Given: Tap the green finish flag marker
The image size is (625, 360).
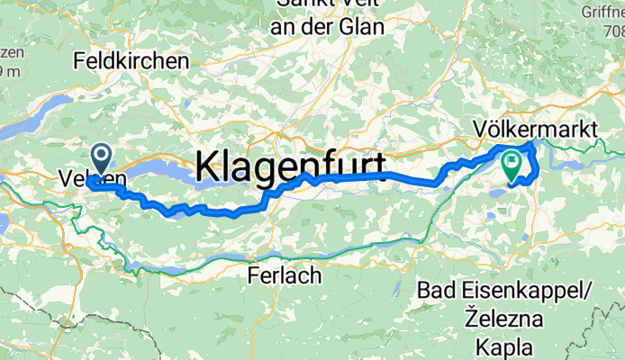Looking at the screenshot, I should click(512, 165).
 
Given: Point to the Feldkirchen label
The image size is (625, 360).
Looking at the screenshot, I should click(132, 61).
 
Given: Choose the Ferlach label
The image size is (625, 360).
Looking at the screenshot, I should click(284, 276).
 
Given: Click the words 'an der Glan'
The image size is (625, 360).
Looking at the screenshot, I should click(329, 28).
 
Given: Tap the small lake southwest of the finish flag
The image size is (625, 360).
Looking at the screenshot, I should click(496, 191).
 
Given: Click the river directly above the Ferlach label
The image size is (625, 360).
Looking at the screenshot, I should click(284, 255).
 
